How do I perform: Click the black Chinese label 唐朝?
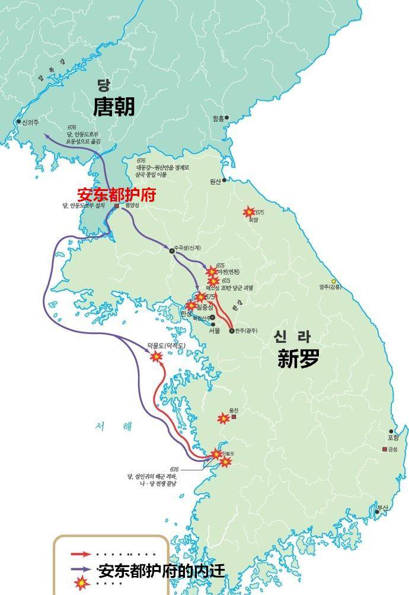(x=114, y=107)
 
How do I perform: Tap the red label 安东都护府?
(x=116, y=195)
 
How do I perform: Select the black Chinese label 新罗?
(x=299, y=358)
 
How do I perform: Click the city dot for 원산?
(x=224, y=180)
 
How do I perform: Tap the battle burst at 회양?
(x=250, y=212)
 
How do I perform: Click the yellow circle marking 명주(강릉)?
(x=334, y=281)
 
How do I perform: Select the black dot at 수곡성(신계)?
(x=172, y=251)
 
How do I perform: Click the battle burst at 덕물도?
(x=156, y=357)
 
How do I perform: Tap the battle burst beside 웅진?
(x=223, y=419)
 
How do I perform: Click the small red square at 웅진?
(x=234, y=417)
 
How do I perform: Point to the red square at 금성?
(x=385, y=448)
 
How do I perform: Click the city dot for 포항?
(x=391, y=431)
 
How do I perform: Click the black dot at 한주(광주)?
(x=232, y=330)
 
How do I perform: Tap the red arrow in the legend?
(x=81, y=554)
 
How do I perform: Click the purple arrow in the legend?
(x=81, y=569)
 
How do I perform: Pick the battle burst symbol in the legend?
(x=79, y=583)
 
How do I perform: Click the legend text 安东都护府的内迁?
(x=161, y=571)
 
